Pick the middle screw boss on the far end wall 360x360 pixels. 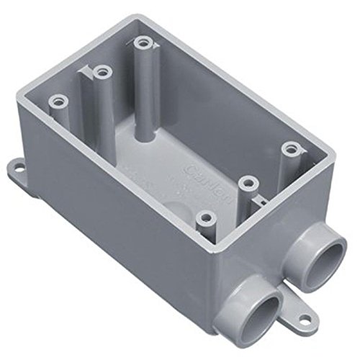(101, 72)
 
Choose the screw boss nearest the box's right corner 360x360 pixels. (290, 148)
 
